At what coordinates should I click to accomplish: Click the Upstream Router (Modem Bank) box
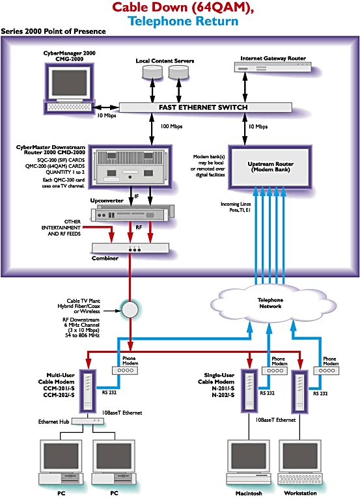tap(275, 167)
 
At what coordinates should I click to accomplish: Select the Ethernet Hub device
tap(87, 421)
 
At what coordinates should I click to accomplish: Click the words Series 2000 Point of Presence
tap(53, 32)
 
